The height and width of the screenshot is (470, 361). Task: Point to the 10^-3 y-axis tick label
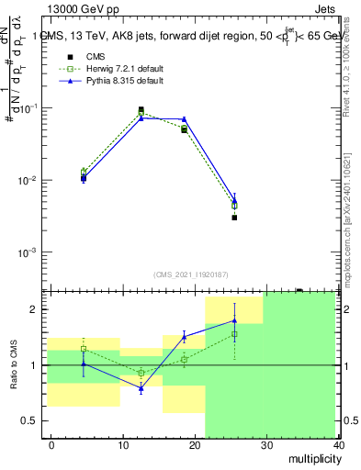click(30, 252)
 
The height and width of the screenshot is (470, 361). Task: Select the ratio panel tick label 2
click(38, 309)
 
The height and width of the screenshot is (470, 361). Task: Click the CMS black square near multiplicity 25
click(234, 218)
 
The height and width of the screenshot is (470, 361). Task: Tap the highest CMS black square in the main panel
click(141, 109)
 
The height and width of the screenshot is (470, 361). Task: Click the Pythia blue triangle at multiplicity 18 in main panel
click(184, 119)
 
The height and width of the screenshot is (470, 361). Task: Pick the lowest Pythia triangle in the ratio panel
click(141, 389)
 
